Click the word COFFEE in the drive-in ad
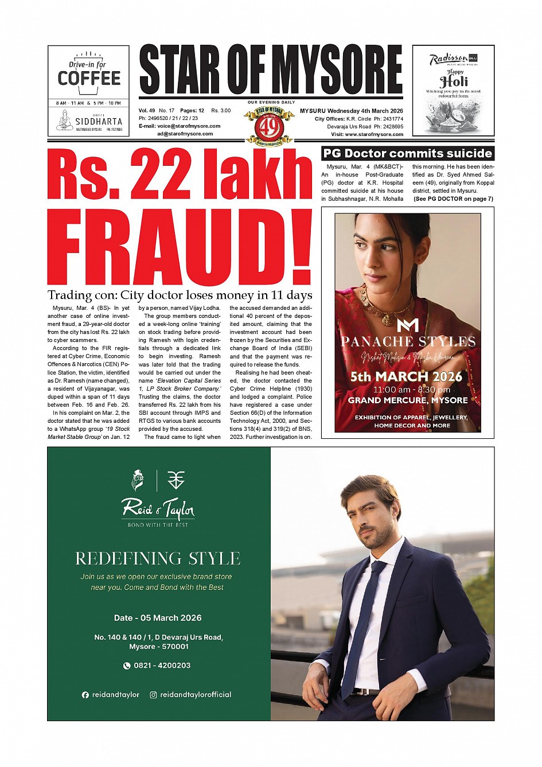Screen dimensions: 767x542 tap(89, 78)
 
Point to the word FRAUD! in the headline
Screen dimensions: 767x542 tap(179, 248)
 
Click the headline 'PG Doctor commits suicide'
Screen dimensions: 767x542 tap(408, 153)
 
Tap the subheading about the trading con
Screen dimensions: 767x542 tap(180, 295)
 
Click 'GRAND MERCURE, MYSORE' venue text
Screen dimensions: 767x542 tap(408, 400)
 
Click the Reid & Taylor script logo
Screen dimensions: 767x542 tap(158, 508)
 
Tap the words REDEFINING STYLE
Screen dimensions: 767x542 tap(158, 558)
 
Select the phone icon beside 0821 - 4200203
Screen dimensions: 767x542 tap(127, 665)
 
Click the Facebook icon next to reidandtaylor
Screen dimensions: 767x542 tap(85, 695)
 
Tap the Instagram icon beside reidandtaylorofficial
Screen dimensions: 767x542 tap(153, 695)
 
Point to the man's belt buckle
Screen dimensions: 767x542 tap(360, 691)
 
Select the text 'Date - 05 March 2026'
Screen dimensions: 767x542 tap(158, 618)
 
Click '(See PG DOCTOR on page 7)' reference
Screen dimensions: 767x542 tap(453, 199)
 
